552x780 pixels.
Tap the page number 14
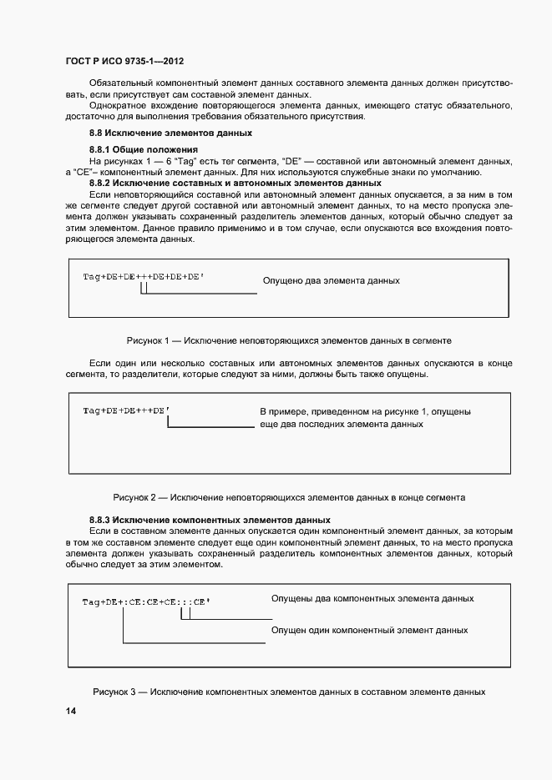(x=71, y=711)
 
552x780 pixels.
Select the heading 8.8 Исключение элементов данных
(x=170, y=133)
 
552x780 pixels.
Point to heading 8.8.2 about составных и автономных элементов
(x=235, y=183)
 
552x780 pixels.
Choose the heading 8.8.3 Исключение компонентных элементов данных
(x=210, y=520)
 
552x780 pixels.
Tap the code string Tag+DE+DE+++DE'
(x=126, y=410)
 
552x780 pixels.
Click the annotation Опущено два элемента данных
(x=331, y=281)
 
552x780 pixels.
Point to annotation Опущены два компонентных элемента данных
(x=372, y=599)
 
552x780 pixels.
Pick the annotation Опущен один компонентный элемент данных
(x=369, y=631)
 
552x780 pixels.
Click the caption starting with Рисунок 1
(x=289, y=341)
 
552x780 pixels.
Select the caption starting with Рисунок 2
(x=289, y=497)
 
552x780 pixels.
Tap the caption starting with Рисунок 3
(x=289, y=692)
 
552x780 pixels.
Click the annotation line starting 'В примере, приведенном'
(x=365, y=412)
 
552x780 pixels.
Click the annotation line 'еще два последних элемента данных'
(x=342, y=425)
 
